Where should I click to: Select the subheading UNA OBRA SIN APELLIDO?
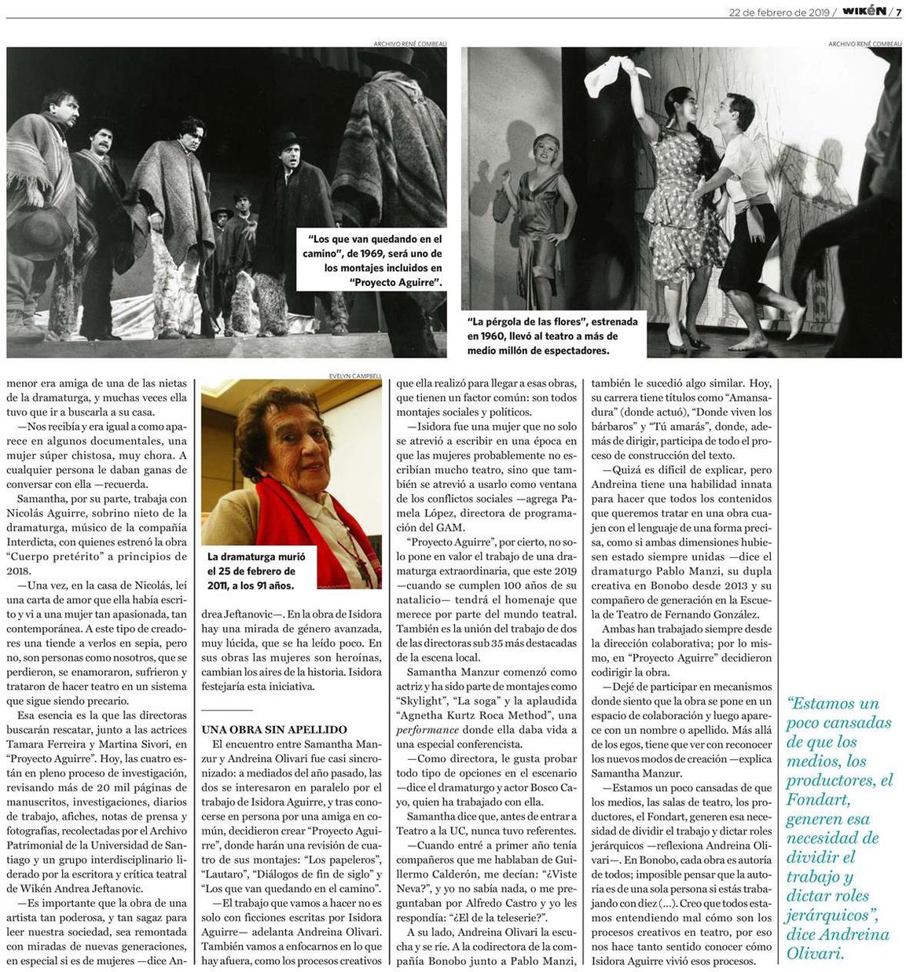click(274, 730)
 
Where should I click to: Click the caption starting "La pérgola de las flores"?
click(552, 336)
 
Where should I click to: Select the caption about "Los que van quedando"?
click(373, 260)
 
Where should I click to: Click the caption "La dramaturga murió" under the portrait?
click(256, 570)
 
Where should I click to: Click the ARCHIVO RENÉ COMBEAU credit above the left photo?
click(410, 43)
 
